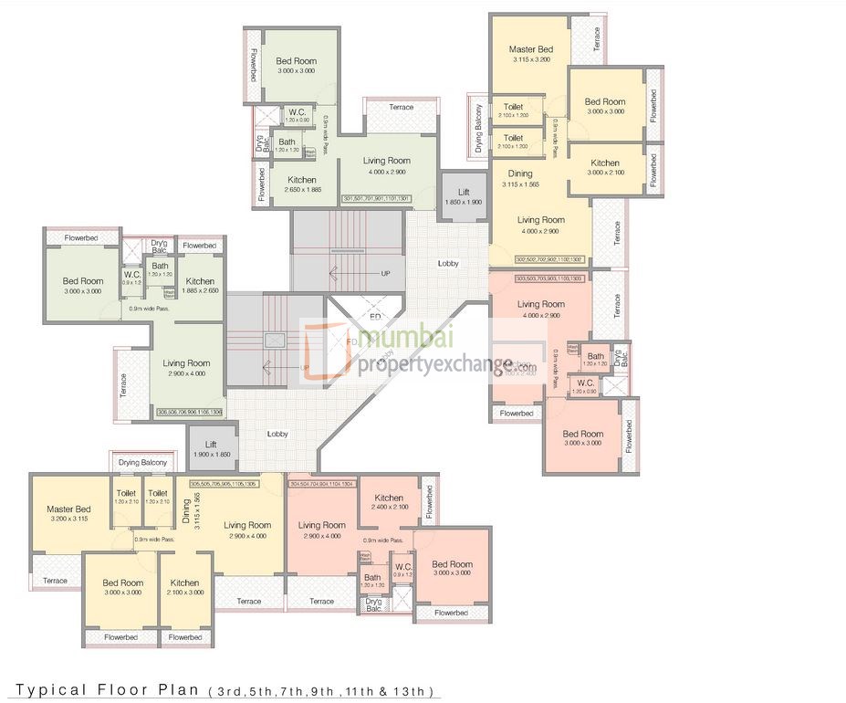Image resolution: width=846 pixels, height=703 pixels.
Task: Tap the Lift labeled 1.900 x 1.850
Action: click(211, 447)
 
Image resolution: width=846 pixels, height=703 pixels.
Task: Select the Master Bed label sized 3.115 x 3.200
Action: click(530, 54)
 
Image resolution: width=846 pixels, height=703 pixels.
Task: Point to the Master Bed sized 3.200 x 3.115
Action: click(68, 513)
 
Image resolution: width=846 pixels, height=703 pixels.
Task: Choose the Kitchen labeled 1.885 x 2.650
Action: click(200, 286)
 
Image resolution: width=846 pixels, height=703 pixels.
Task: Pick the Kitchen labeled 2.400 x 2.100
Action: click(389, 502)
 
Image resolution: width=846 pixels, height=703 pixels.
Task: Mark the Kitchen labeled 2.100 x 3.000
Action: click(184, 587)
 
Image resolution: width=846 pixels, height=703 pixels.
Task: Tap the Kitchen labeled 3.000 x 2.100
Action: click(604, 168)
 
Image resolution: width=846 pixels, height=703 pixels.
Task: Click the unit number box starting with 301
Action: click(376, 198)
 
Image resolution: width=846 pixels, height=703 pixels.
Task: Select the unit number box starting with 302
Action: click(552, 259)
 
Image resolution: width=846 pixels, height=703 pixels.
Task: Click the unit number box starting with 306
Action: click(190, 412)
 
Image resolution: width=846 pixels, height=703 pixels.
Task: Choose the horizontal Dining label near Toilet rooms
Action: click(519, 173)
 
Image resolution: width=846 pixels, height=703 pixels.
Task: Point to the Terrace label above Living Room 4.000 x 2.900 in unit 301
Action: click(401, 107)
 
